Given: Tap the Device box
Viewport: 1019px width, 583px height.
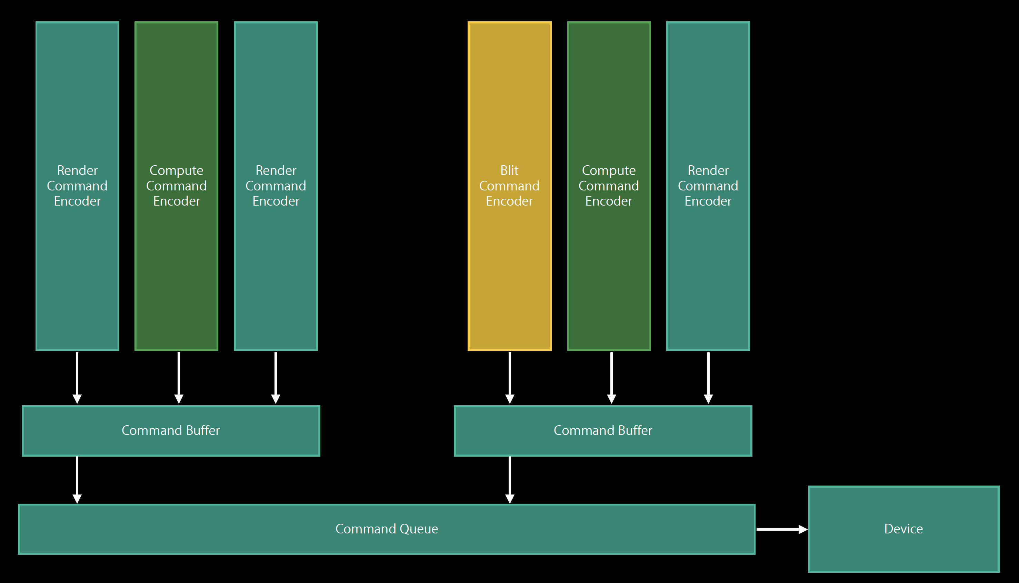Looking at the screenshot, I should coord(903,553).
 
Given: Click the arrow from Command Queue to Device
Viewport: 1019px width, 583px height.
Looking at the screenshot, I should coord(782,529).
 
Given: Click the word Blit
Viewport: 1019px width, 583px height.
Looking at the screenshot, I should coord(510,170).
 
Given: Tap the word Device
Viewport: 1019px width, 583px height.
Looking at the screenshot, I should coord(903,529).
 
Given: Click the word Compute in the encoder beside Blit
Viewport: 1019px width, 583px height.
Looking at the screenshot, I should coord(609,170).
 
